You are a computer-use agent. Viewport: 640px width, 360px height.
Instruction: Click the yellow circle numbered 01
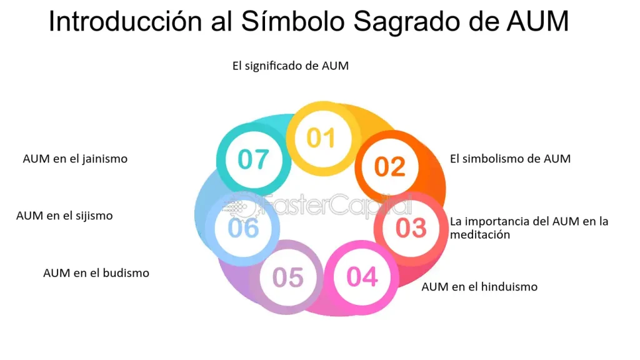[323, 138]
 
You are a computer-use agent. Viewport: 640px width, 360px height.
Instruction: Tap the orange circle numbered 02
[390, 167]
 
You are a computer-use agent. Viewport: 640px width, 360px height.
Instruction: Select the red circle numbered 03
[411, 227]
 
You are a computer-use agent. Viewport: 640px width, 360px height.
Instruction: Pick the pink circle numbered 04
[362, 277]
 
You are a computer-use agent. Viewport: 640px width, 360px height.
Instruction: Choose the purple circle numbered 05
[287, 277]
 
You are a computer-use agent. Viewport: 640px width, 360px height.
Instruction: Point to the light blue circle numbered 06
[243, 227]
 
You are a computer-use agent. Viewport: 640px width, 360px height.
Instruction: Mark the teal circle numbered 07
[254, 159]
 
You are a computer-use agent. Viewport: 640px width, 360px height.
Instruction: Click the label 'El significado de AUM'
[291, 66]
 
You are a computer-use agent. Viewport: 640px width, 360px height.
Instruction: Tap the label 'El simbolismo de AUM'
[510, 158]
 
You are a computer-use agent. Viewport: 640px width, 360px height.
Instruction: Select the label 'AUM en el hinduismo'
[479, 286]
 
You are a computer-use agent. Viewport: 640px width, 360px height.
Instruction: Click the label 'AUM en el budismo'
[96, 272]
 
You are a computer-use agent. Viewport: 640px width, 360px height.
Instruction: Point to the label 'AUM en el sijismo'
[64, 216]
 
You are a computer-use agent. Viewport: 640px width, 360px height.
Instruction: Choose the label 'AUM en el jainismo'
[75, 158]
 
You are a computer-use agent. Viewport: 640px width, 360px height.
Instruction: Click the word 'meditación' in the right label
[480, 235]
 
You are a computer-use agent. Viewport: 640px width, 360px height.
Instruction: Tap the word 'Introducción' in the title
[125, 21]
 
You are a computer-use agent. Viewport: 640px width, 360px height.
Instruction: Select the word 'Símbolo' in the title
[293, 21]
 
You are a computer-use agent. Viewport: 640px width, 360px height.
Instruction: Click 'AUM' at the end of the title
[537, 21]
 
